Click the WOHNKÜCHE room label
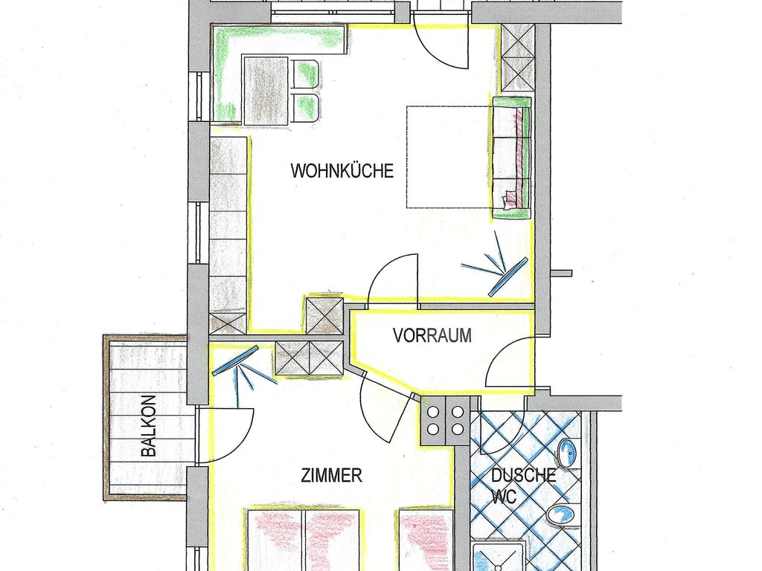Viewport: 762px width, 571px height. click(x=342, y=171)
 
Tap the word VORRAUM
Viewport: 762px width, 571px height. click(x=432, y=335)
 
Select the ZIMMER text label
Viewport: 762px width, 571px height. click(x=331, y=475)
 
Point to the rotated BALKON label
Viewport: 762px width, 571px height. click(x=149, y=426)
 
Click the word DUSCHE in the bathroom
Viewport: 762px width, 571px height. click(x=523, y=475)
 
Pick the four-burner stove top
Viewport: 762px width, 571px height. click(x=445, y=421)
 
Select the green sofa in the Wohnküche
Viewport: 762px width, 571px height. click(x=512, y=158)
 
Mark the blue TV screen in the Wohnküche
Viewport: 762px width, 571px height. click(x=508, y=277)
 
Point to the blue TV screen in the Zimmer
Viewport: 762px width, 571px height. click(x=235, y=360)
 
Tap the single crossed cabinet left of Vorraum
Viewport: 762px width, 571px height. click(x=324, y=315)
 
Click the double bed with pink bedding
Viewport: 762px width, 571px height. click(x=304, y=539)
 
